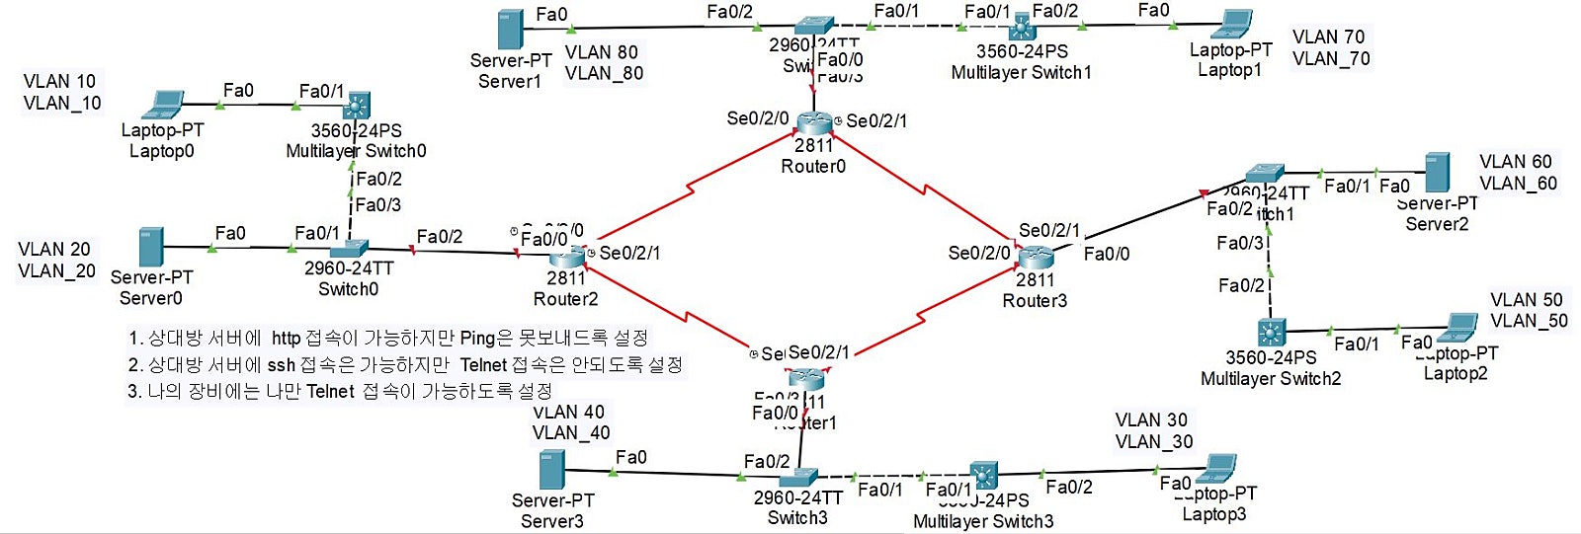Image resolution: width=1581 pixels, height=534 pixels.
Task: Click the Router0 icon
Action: pyautogui.click(x=814, y=122)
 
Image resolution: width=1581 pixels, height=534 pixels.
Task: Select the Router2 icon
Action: pyautogui.click(x=567, y=257)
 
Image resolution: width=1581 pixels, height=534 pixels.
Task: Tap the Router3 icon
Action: pyautogui.click(x=1036, y=259)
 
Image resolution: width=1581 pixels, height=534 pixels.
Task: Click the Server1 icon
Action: pyautogui.click(x=510, y=30)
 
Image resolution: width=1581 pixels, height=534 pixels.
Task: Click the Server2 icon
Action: pyautogui.click(x=1437, y=173)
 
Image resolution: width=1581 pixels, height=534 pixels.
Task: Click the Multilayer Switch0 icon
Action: pyautogui.click(x=357, y=105)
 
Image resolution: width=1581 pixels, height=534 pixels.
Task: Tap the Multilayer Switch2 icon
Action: pyautogui.click(x=1271, y=332)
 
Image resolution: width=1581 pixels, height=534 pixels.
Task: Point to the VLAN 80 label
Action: pyautogui.click(x=601, y=52)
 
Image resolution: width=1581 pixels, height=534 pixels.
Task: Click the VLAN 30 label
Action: pyautogui.click(x=1151, y=420)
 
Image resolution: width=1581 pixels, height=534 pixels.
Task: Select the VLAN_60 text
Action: pyautogui.click(x=1518, y=184)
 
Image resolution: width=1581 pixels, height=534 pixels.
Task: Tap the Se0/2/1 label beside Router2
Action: pyautogui.click(x=629, y=254)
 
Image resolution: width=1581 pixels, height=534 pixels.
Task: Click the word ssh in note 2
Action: pyautogui.click(x=281, y=365)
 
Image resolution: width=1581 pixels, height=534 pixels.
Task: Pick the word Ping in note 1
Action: pyautogui.click(x=477, y=339)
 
